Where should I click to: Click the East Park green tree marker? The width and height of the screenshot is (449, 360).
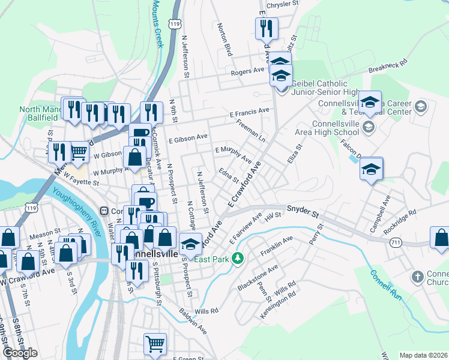[x=238, y=258]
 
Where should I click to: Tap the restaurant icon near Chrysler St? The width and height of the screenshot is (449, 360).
[x=265, y=28]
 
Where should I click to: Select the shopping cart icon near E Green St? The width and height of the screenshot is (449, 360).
[x=155, y=343]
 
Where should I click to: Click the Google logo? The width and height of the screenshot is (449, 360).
[x=20, y=353]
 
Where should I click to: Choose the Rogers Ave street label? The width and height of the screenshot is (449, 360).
[x=248, y=71]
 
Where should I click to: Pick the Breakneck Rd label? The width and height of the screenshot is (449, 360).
[x=388, y=67]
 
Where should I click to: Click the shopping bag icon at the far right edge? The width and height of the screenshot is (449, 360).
[x=440, y=238]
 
